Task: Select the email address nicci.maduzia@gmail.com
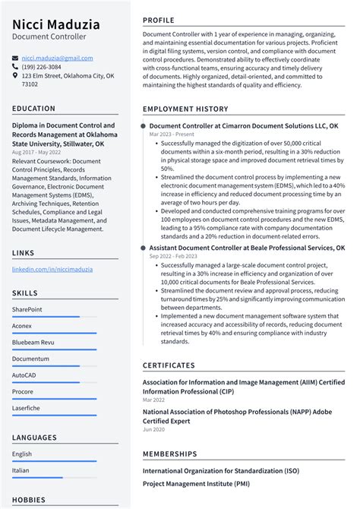pos(57,58)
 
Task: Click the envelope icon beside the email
pos(16,58)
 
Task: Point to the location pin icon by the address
pos(16,76)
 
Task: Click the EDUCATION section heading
pos(33,109)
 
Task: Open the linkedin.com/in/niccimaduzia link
pos(52,269)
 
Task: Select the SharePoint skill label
pos(27,309)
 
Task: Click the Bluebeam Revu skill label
pos(33,342)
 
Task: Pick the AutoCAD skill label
pos(24,375)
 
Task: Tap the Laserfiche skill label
pos(27,408)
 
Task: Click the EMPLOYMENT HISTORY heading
pos(185,109)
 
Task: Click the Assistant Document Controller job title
pos(247,248)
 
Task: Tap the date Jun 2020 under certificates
pos(153,429)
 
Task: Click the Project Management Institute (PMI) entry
pos(196,483)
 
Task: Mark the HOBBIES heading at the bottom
pos(30,500)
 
